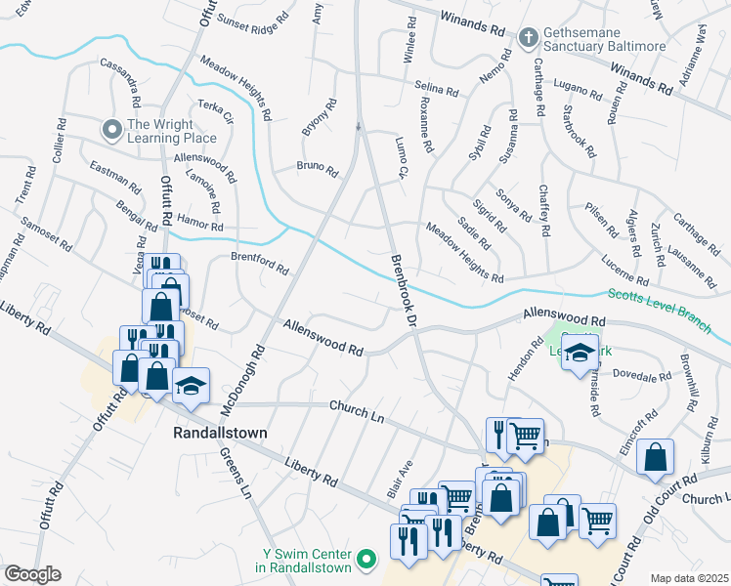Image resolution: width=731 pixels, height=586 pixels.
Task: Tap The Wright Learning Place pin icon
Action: point(112,128)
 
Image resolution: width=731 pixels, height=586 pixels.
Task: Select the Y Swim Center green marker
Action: point(366,559)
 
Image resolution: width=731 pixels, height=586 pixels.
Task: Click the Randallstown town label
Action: point(221,432)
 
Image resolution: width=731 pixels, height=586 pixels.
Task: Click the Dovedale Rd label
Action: point(641,374)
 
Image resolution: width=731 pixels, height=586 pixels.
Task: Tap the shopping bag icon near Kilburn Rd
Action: point(660,456)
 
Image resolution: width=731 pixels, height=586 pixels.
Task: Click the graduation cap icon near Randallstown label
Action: point(191,386)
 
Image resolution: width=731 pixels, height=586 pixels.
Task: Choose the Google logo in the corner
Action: point(32,574)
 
